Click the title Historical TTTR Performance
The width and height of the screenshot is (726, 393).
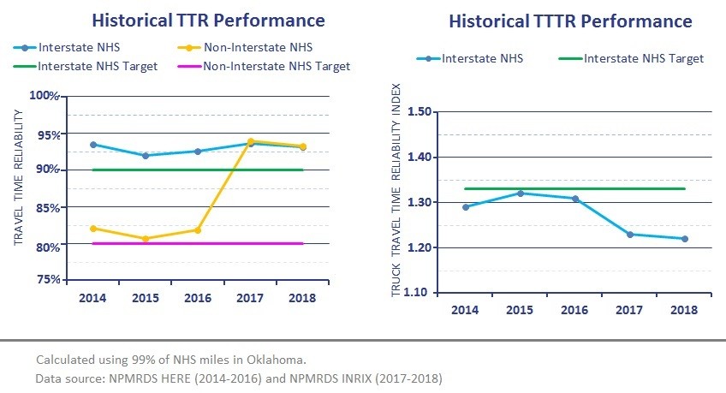570,20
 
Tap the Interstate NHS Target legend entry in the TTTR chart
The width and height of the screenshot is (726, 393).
643,58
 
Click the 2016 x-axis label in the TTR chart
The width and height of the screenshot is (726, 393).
198,298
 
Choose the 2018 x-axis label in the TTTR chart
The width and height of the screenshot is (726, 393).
684,309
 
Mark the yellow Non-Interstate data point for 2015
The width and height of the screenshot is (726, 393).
146,239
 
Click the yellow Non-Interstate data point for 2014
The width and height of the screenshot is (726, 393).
92,229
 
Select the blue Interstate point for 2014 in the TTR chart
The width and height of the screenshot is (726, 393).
92,145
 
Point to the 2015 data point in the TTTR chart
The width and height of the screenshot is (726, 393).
521,194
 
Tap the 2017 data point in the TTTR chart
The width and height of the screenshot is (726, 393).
630,235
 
